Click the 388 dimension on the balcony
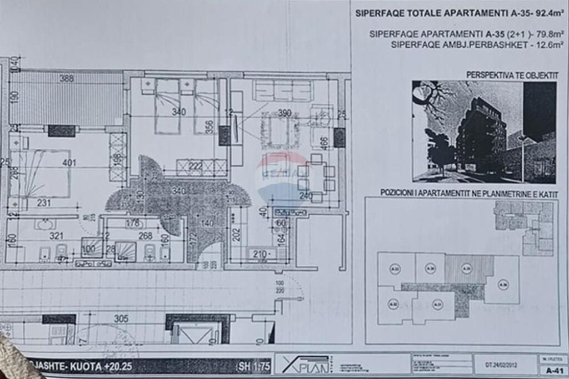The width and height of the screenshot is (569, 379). tap(67, 78)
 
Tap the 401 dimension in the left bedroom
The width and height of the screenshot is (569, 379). tap(69, 163)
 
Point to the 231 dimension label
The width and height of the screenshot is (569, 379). tap(44, 203)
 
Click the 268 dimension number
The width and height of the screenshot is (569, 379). tap(146, 236)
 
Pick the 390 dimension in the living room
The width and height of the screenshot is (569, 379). tap(284, 113)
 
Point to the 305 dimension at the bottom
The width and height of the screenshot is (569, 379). tap(121, 319)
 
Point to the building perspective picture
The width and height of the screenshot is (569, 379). tap(483, 132)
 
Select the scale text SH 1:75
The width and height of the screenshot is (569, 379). tap(253, 366)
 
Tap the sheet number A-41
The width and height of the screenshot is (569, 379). tap(552, 370)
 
